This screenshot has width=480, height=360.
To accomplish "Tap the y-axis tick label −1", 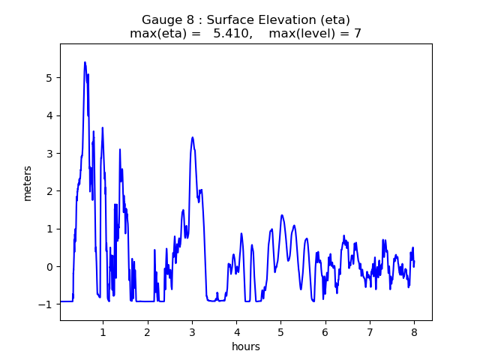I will [46, 304].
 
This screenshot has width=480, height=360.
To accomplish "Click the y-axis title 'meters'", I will [28, 183].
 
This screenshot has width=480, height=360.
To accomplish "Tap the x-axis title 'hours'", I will [246, 346].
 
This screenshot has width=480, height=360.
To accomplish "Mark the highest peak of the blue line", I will [85, 62].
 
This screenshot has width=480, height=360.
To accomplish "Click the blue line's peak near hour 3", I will [193, 137].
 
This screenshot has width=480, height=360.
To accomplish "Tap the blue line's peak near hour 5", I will [282, 215].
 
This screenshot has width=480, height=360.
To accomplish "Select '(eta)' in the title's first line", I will [335, 20].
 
